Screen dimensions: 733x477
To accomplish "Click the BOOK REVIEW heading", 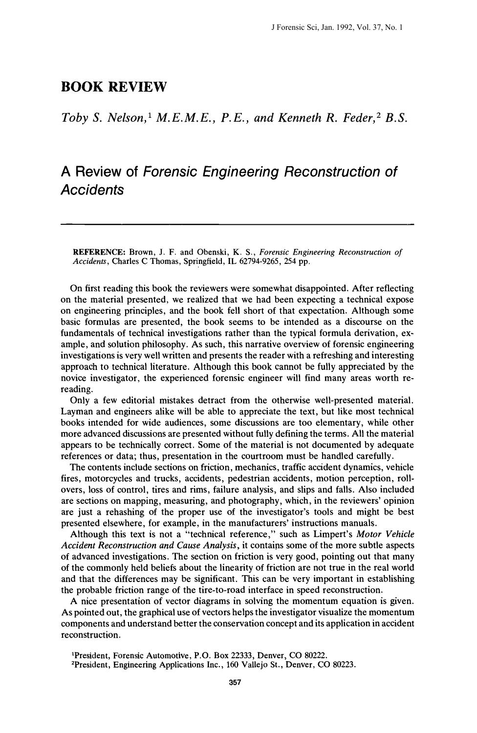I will [114, 87].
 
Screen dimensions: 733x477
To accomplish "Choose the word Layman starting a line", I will [77, 411].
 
